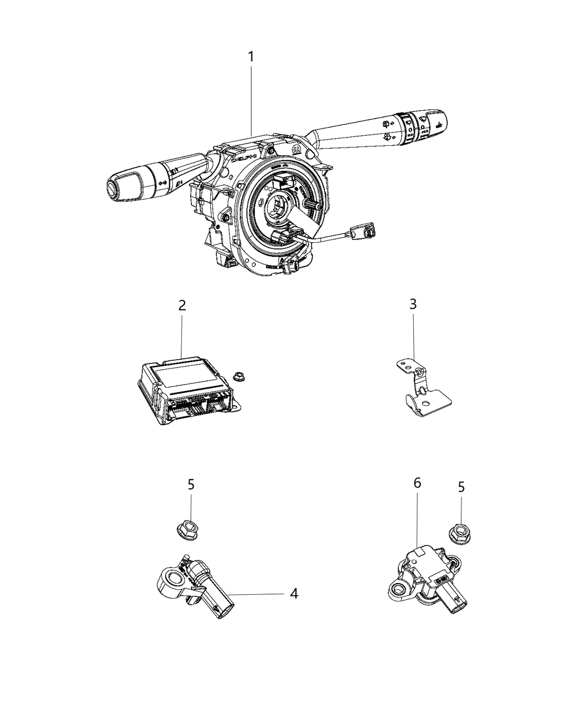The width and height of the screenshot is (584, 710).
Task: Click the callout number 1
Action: [251, 57]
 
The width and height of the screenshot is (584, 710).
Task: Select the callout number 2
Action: [182, 306]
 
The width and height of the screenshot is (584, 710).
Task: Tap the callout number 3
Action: [413, 304]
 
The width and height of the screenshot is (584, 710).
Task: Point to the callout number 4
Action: [294, 594]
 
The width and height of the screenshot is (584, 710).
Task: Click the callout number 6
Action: [417, 483]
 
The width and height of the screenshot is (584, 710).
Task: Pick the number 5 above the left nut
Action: [191, 484]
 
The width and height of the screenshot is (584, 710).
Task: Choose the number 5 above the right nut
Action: [461, 487]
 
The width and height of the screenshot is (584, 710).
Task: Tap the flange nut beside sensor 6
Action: [459, 527]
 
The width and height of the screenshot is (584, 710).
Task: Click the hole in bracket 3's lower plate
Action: [425, 405]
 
